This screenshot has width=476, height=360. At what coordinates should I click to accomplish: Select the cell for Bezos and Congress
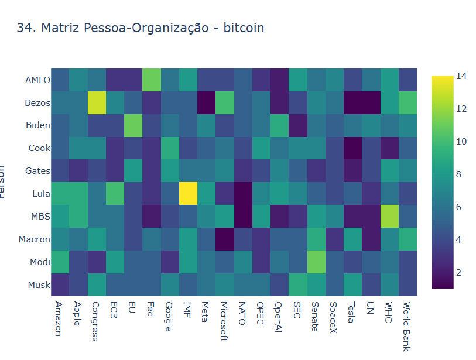pos(97,102)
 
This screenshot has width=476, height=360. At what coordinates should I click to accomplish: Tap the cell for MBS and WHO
pos(390,216)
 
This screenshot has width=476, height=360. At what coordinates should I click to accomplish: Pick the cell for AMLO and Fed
pos(152,80)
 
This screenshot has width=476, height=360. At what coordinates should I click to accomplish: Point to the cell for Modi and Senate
pos(317,261)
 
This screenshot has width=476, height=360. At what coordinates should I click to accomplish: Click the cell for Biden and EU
pos(133,125)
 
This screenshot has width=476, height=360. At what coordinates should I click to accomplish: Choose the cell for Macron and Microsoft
pos(225,238)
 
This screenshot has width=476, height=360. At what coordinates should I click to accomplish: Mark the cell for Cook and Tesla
pos(354,148)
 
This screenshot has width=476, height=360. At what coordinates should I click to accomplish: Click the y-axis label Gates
pos(37,170)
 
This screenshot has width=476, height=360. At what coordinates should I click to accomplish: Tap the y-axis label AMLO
pos(37,80)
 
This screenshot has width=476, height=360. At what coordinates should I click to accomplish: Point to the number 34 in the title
pos(24,28)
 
